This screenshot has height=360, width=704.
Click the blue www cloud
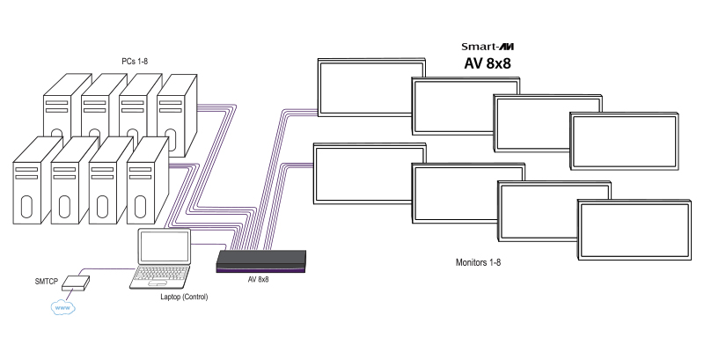click(62, 308)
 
